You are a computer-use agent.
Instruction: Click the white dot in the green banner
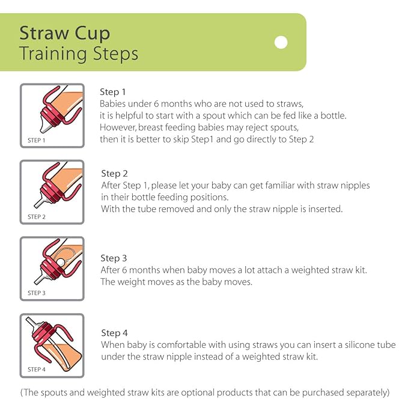point(281,42)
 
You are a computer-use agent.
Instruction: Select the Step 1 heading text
point(113,92)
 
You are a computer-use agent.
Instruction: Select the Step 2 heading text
point(114,174)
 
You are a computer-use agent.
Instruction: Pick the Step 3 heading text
point(114,258)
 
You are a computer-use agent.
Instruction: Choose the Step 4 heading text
point(114,333)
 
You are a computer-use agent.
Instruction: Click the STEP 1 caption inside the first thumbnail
point(37,140)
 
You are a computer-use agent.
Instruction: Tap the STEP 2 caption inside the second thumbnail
point(37,217)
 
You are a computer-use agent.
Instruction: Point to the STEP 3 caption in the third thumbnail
point(37,293)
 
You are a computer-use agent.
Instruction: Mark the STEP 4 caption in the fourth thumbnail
point(37,370)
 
